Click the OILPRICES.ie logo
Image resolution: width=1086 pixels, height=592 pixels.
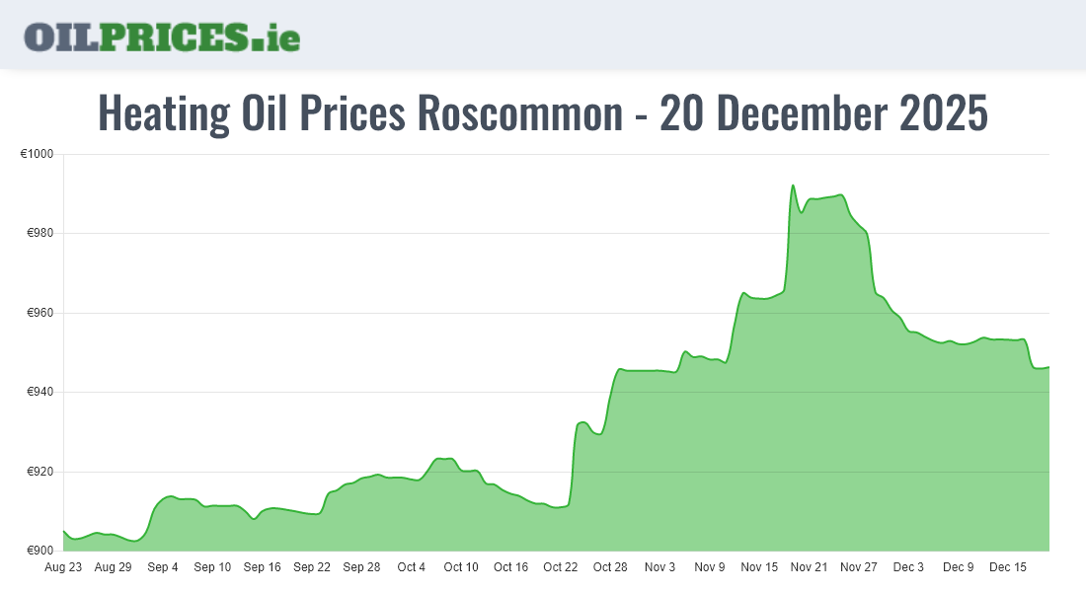click(x=162, y=37)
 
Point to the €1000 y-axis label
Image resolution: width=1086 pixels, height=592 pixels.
click(x=38, y=155)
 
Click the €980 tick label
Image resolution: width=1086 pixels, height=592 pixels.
click(x=40, y=234)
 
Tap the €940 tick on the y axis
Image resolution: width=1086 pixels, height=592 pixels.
click(x=40, y=393)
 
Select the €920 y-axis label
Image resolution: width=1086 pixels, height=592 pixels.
click(x=40, y=472)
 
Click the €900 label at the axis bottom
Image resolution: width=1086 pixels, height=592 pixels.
click(x=40, y=551)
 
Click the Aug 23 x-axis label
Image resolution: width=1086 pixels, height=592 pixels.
click(x=63, y=567)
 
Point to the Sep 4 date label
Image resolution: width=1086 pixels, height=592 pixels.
click(x=163, y=567)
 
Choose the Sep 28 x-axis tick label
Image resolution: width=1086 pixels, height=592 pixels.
click(x=361, y=567)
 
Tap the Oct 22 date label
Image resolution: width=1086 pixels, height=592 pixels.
click(x=561, y=567)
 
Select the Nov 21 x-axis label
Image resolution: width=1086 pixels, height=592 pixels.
click(x=809, y=567)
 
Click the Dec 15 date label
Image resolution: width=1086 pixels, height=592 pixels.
click(x=1008, y=567)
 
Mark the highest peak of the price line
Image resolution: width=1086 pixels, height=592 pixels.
click(x=793, y=185)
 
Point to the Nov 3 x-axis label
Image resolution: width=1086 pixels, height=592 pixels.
click(x=659, y=567)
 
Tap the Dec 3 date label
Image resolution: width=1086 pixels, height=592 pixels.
click(x=908, y=567)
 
